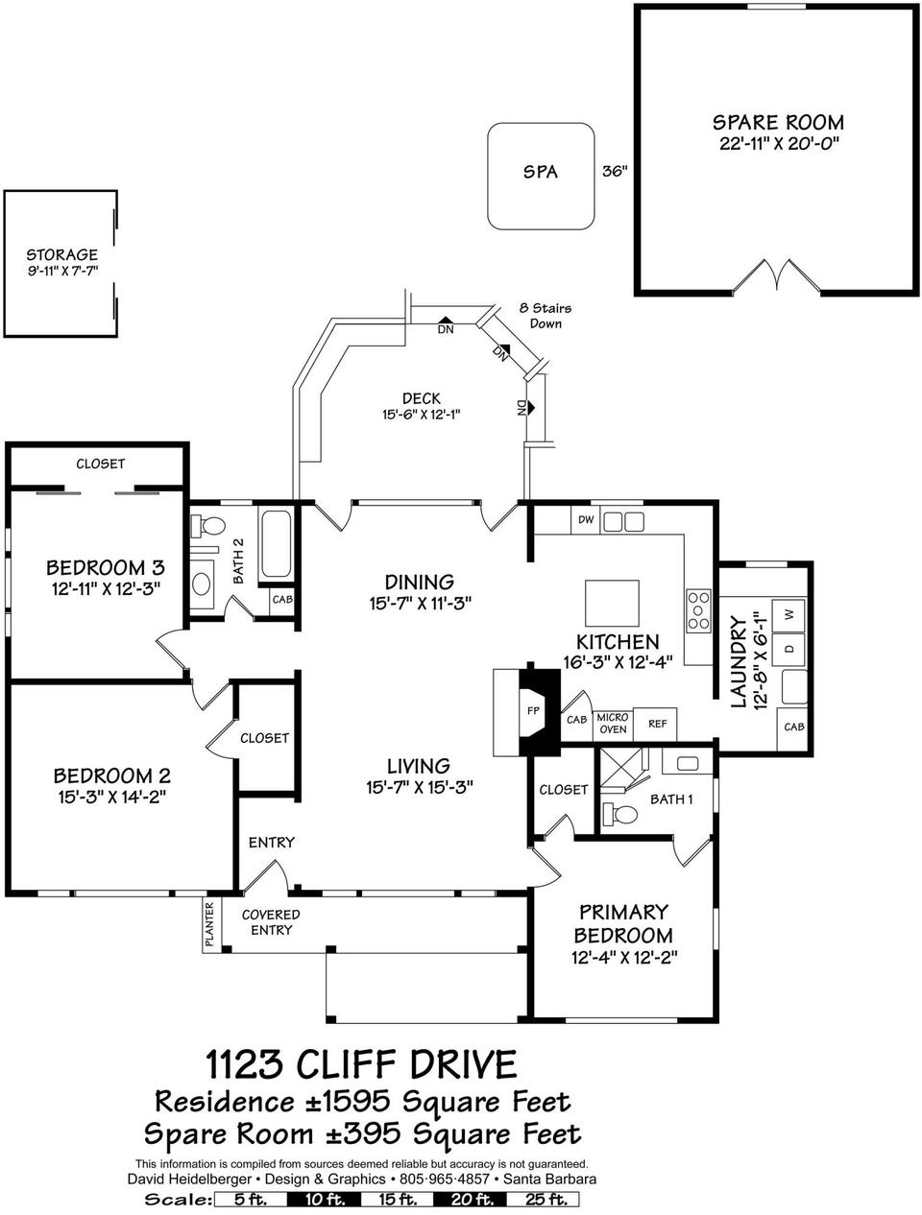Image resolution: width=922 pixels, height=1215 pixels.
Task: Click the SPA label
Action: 540,173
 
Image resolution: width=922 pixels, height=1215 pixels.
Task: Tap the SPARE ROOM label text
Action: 778,123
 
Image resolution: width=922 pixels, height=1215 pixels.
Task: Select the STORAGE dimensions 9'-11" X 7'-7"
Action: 61,272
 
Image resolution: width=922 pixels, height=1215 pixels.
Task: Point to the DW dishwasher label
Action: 585,520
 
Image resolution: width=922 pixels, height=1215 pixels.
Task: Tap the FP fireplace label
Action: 534,711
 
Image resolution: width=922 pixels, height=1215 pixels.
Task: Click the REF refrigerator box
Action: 657,724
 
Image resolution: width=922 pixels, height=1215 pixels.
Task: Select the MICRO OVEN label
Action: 612,724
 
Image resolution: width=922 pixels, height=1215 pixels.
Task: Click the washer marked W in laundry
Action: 789,613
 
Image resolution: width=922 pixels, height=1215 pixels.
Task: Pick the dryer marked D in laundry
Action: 789,649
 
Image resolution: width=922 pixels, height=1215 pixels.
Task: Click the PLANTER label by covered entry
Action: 209,925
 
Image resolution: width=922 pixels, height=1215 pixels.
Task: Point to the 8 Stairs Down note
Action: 545,316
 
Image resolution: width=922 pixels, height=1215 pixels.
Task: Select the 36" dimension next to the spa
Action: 615,173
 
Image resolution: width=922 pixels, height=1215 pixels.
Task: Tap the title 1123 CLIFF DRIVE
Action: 361,1064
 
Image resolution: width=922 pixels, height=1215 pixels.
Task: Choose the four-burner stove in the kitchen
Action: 697,607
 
